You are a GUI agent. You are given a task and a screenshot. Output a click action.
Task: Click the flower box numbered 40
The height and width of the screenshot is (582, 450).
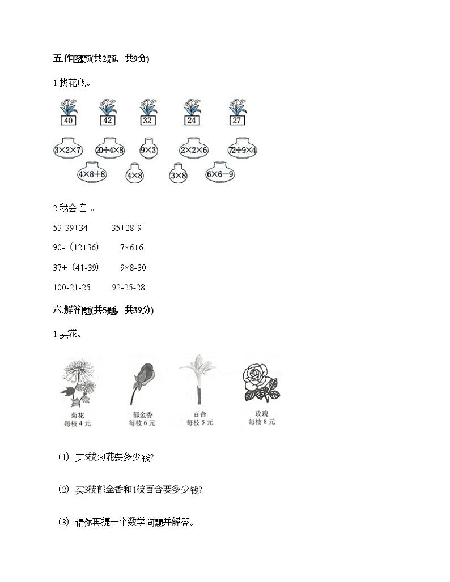point(68,120)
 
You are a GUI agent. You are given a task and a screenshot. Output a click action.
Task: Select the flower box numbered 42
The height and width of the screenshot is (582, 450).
point(107,120)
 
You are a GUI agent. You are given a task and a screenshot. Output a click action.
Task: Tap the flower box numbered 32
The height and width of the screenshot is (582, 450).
point(148,120)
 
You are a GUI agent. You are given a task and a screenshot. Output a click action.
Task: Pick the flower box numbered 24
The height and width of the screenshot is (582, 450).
point(191,120)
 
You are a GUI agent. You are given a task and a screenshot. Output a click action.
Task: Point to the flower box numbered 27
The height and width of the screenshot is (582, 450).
point(237,120)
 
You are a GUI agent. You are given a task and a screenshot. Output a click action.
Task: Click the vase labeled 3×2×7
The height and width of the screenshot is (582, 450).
point(67,151)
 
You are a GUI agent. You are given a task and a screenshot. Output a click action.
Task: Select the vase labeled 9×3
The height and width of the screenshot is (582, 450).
point(148,151)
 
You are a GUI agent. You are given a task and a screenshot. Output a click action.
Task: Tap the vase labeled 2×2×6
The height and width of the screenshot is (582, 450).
point(194,151)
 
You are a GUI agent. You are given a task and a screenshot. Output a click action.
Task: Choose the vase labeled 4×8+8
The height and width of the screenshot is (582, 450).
point(92,174)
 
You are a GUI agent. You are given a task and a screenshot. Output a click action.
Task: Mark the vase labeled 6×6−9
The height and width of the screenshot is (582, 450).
point(220,174)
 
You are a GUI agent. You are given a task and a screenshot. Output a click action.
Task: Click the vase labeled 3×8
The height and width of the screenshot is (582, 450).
point(178,176)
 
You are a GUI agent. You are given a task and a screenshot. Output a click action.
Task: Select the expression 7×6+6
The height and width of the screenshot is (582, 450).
point(132,247)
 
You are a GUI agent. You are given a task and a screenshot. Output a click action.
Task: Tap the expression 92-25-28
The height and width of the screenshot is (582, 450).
point(129,288)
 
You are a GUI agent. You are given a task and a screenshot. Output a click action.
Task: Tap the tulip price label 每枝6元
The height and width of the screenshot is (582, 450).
point(142,423)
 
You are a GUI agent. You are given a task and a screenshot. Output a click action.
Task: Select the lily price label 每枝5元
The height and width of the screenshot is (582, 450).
point(200,423)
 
